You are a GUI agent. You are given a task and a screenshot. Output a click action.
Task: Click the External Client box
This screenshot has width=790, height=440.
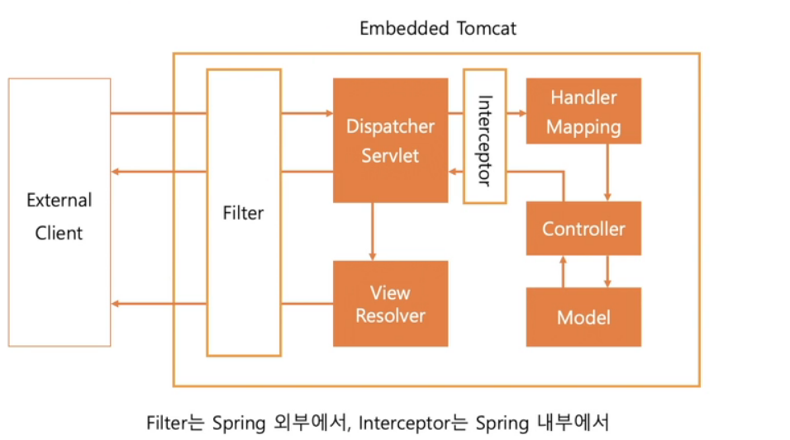59,213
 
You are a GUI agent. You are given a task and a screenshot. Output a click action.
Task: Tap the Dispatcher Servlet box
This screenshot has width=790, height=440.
390,141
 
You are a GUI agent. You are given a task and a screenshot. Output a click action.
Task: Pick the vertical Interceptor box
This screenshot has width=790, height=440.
484,136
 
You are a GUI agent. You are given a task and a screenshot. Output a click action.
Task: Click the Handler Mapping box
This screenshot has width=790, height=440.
583,111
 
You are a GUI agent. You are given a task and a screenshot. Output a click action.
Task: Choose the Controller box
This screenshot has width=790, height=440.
583,229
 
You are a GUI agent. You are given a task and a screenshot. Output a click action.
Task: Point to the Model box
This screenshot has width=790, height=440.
583,317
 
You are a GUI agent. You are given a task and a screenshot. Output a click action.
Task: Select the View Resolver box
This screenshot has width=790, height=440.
390,304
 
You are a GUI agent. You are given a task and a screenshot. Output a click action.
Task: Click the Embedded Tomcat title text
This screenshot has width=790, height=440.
438,28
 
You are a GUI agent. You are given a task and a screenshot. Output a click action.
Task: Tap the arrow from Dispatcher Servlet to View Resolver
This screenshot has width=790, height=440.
373,232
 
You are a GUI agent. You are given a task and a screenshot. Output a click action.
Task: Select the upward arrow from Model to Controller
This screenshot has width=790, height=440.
564,272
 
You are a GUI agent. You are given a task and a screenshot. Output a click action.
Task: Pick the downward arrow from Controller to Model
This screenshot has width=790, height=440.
608,272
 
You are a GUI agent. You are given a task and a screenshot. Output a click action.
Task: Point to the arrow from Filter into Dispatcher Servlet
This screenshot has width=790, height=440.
306,112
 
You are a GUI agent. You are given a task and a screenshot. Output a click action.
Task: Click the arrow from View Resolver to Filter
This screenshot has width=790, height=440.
306,304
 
